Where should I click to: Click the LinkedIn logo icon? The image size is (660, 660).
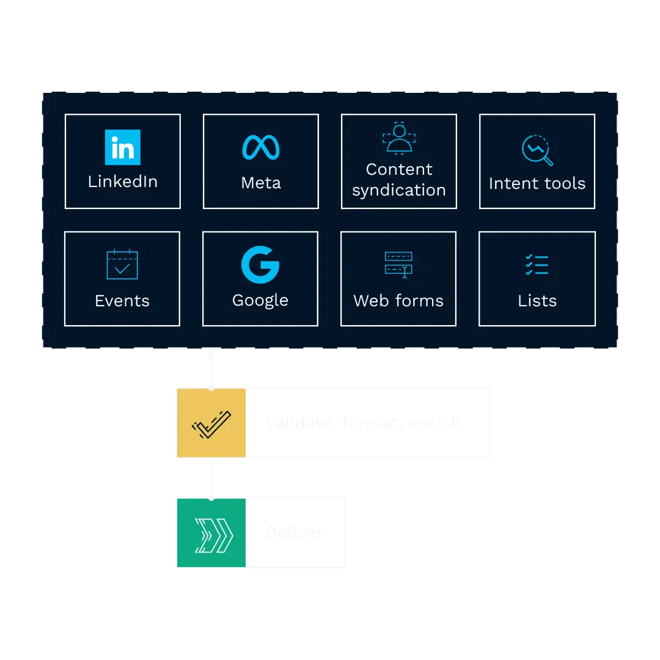pos(122,147)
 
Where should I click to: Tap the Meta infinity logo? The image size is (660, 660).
pos(261,148)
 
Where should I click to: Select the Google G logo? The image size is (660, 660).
pos(260,265)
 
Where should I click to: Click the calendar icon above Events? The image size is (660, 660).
pos(122,265)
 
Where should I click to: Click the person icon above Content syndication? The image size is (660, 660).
pos(399,139)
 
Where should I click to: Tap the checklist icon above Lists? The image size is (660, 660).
pos(537,265)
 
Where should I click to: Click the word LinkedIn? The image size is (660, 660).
pos(123,182)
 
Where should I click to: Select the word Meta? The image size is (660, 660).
pos(261,183)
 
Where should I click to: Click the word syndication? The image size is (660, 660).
pos(399,190)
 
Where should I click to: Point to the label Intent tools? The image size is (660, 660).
pos(537,183)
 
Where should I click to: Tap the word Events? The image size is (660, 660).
pos(122,301)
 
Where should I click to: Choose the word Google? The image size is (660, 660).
pos(260,301)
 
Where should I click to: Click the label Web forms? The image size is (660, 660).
pos(398,301)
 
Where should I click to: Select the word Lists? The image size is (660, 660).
pos(537,301)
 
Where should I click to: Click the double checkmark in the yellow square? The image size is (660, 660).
pos(211,423)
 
